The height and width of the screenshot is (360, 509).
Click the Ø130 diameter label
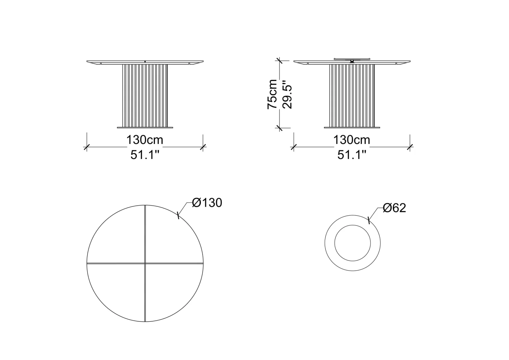[207, 203]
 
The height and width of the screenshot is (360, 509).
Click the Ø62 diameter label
[394, 208]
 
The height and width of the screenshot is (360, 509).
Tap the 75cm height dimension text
[272, 94]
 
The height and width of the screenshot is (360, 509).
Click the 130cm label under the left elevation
[145, 140]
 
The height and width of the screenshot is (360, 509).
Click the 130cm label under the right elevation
[352, 140]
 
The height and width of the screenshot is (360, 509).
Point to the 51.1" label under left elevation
[145, 155]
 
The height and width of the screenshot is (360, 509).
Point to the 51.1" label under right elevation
[352, 155]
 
